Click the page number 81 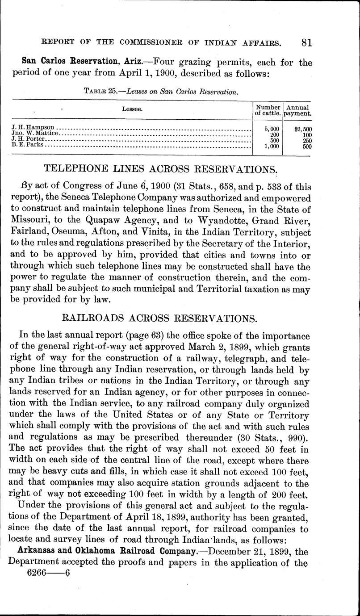(306, 42)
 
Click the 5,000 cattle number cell (272, 130)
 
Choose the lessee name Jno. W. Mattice (34, 134)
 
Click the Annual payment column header (299, 110)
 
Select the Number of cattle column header (268, 110)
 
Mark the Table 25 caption (160, 92)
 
